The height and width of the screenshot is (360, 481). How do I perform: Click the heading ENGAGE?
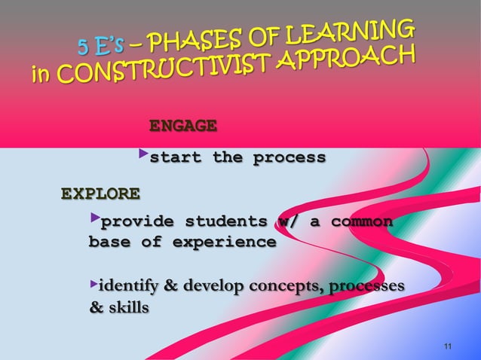point(183,124)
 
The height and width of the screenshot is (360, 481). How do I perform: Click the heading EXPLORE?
point(100,194)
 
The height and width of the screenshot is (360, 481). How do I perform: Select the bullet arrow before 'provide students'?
point(94,219)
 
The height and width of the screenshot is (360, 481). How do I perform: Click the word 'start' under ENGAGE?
point(175,158)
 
